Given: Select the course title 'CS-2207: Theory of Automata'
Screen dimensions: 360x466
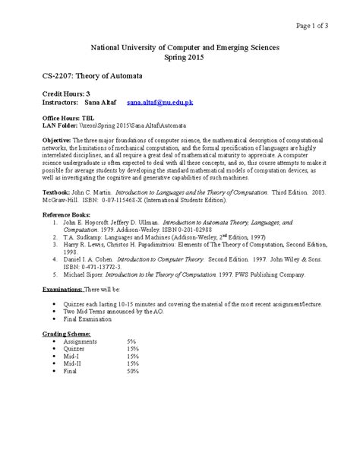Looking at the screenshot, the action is pos(88,78).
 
